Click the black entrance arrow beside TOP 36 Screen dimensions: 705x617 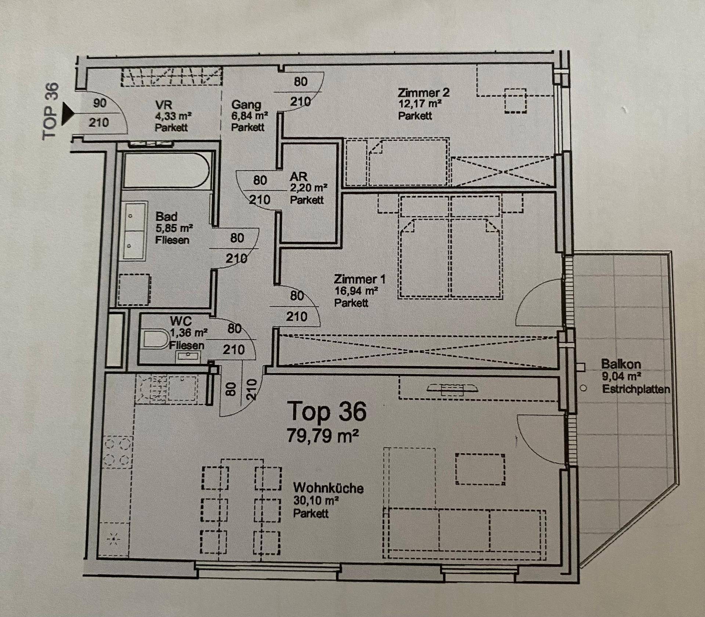pyautogui.click(x=66, y=114)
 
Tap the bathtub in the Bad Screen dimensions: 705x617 pyautogui.click(x=167, y=171)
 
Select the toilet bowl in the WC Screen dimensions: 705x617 pyautogui.click(x=156, y=339)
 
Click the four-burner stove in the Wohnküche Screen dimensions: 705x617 pyautogui.click(x=118, y=451)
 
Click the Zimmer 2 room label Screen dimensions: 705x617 pyautogui.click(x=423, y=93)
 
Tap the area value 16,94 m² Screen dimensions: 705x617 pyautogui.click(x=356, y=291)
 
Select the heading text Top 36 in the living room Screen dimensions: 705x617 pyautogui.click(x=327, y=411)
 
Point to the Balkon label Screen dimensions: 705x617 pyautogui.click(x=621, y=364)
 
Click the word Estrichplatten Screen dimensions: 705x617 pyautogui.click(x=636, y=389)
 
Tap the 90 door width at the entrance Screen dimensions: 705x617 pyautogui.click(x=100, y=103)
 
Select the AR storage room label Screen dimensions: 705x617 pyautogui.click(x=299, y=177)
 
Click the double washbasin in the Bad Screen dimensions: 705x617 pyautogui.click(x=134, y=231)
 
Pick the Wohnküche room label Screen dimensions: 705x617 pyautogui.click(x=328, y=488)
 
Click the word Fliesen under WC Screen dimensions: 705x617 pyautogui.click(x=187, y=345)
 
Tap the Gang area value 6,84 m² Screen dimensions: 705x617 pyautogui.click(x=249, y=116)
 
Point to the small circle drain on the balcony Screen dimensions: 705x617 pyautogui.click(x=583, y=388)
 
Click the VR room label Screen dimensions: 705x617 pyautogui.click(x=163, y=105)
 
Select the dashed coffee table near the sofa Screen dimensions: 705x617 pyautogui.click(x=480, y=469)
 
